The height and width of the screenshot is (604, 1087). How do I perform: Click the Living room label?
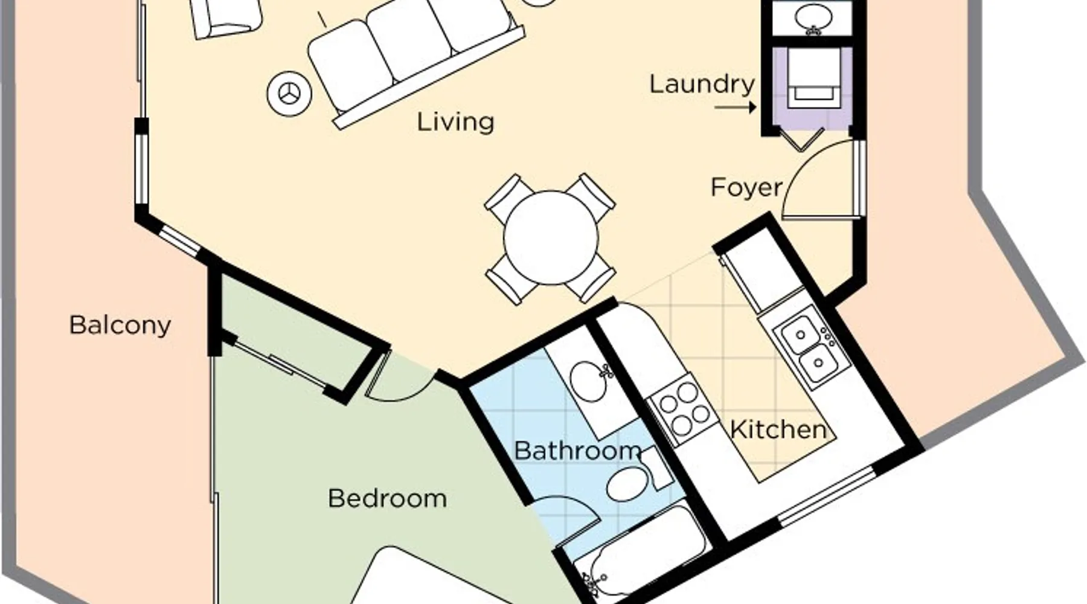pyautogui.click(x=455, y=123)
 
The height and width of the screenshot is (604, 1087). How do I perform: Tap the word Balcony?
pyautogui.click(x=120, y=325)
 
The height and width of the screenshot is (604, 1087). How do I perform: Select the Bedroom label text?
pyautogui.click(x=388, y=499)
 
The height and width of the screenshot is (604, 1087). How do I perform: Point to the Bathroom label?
pyautogui.click(x=577, y=451)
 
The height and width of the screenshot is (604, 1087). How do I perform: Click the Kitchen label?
pyautogui.click(x=778, y=429)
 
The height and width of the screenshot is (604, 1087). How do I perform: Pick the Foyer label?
pyautogui.click(x=746, y=187)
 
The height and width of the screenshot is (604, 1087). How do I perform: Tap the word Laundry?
pyautogui.click(x=702, y=84)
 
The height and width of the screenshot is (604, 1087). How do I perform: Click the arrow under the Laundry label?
pyautogui.click(x=736, y=108)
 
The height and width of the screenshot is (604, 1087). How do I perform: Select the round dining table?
pyautogui.click(x=551, y=238)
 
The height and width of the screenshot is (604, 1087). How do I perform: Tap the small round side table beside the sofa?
pyautogui.click(x=289, y=94)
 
